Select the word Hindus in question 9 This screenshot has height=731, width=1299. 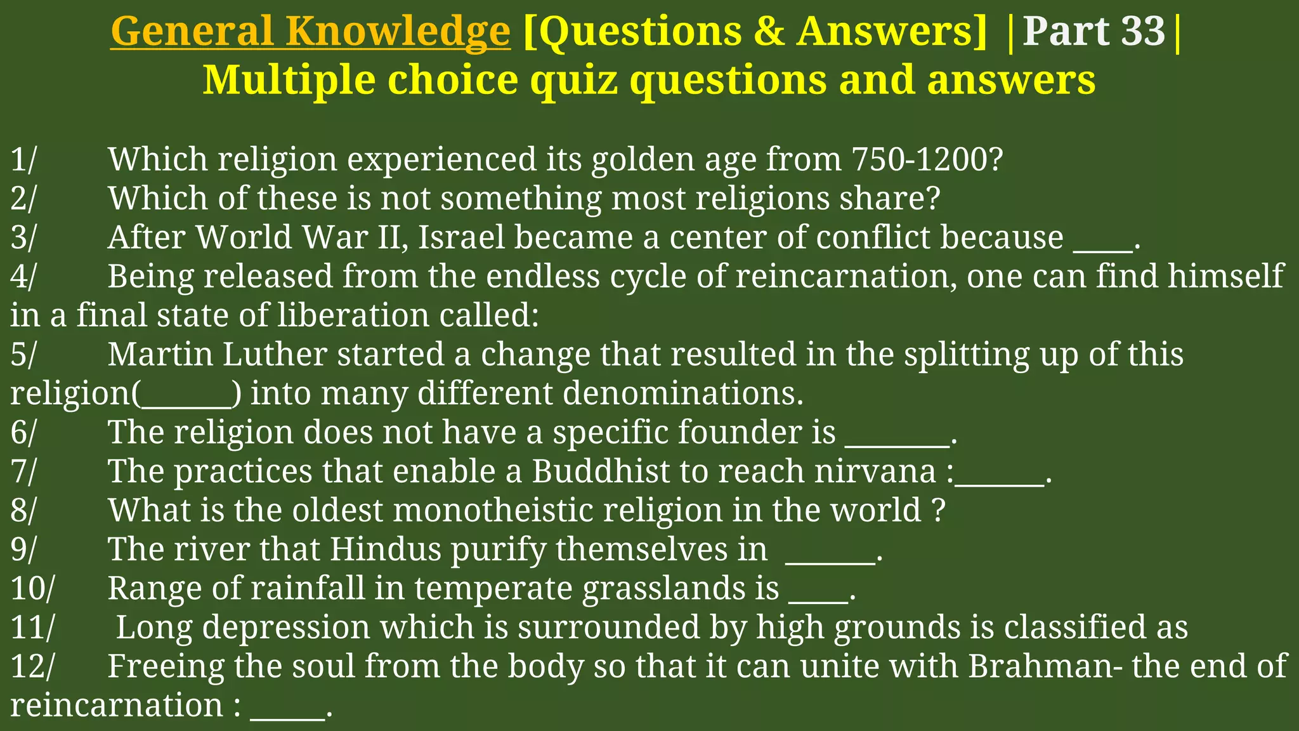click(385, 550)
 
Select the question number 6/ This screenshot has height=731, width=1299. click(24, 432)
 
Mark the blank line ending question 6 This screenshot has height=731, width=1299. click(897, 444)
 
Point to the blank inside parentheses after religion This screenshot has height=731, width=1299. click(186, 405)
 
